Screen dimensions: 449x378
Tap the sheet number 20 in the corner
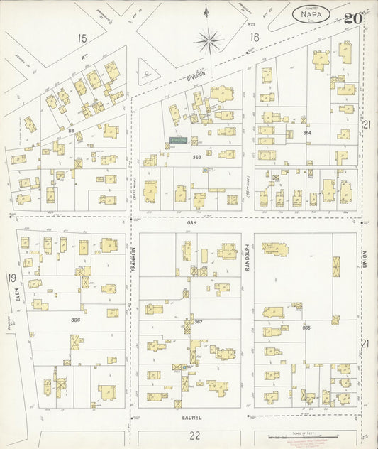pyautogui.click(x=352, y=18)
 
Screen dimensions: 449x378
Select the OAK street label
pyautogui.click(x=191, y=222)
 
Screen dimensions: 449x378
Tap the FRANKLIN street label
pyautogui.click(x=132, y=257)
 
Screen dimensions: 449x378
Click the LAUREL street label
pyautogui.click(x=190, y=418)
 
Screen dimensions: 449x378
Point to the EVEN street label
pyautogui.click(x=16, y=304)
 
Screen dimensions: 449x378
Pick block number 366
pyautogui.click(x=76, y=320)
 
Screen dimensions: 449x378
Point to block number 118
pyautogui.click(x=71, y=131)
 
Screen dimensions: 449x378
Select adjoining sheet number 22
pyautogui.click(x=194, y=435)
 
